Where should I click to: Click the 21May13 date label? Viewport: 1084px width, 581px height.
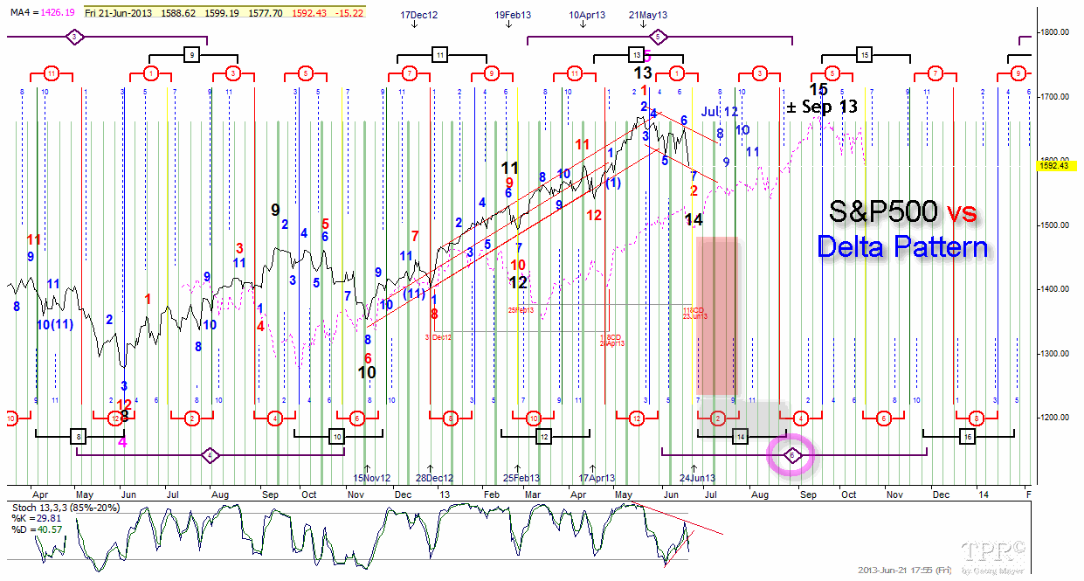point(647,16)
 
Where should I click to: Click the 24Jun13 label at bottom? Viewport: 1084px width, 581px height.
point(697,478)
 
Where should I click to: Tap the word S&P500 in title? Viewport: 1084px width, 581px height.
point(881,212)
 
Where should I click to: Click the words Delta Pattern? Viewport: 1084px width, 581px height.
point(902,246)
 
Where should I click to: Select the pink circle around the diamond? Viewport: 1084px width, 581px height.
point(791,455)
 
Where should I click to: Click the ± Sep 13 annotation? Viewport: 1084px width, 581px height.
point(822,106)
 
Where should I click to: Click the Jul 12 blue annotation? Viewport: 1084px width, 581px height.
point(720,112)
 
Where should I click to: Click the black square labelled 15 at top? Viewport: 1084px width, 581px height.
point(864,55)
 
